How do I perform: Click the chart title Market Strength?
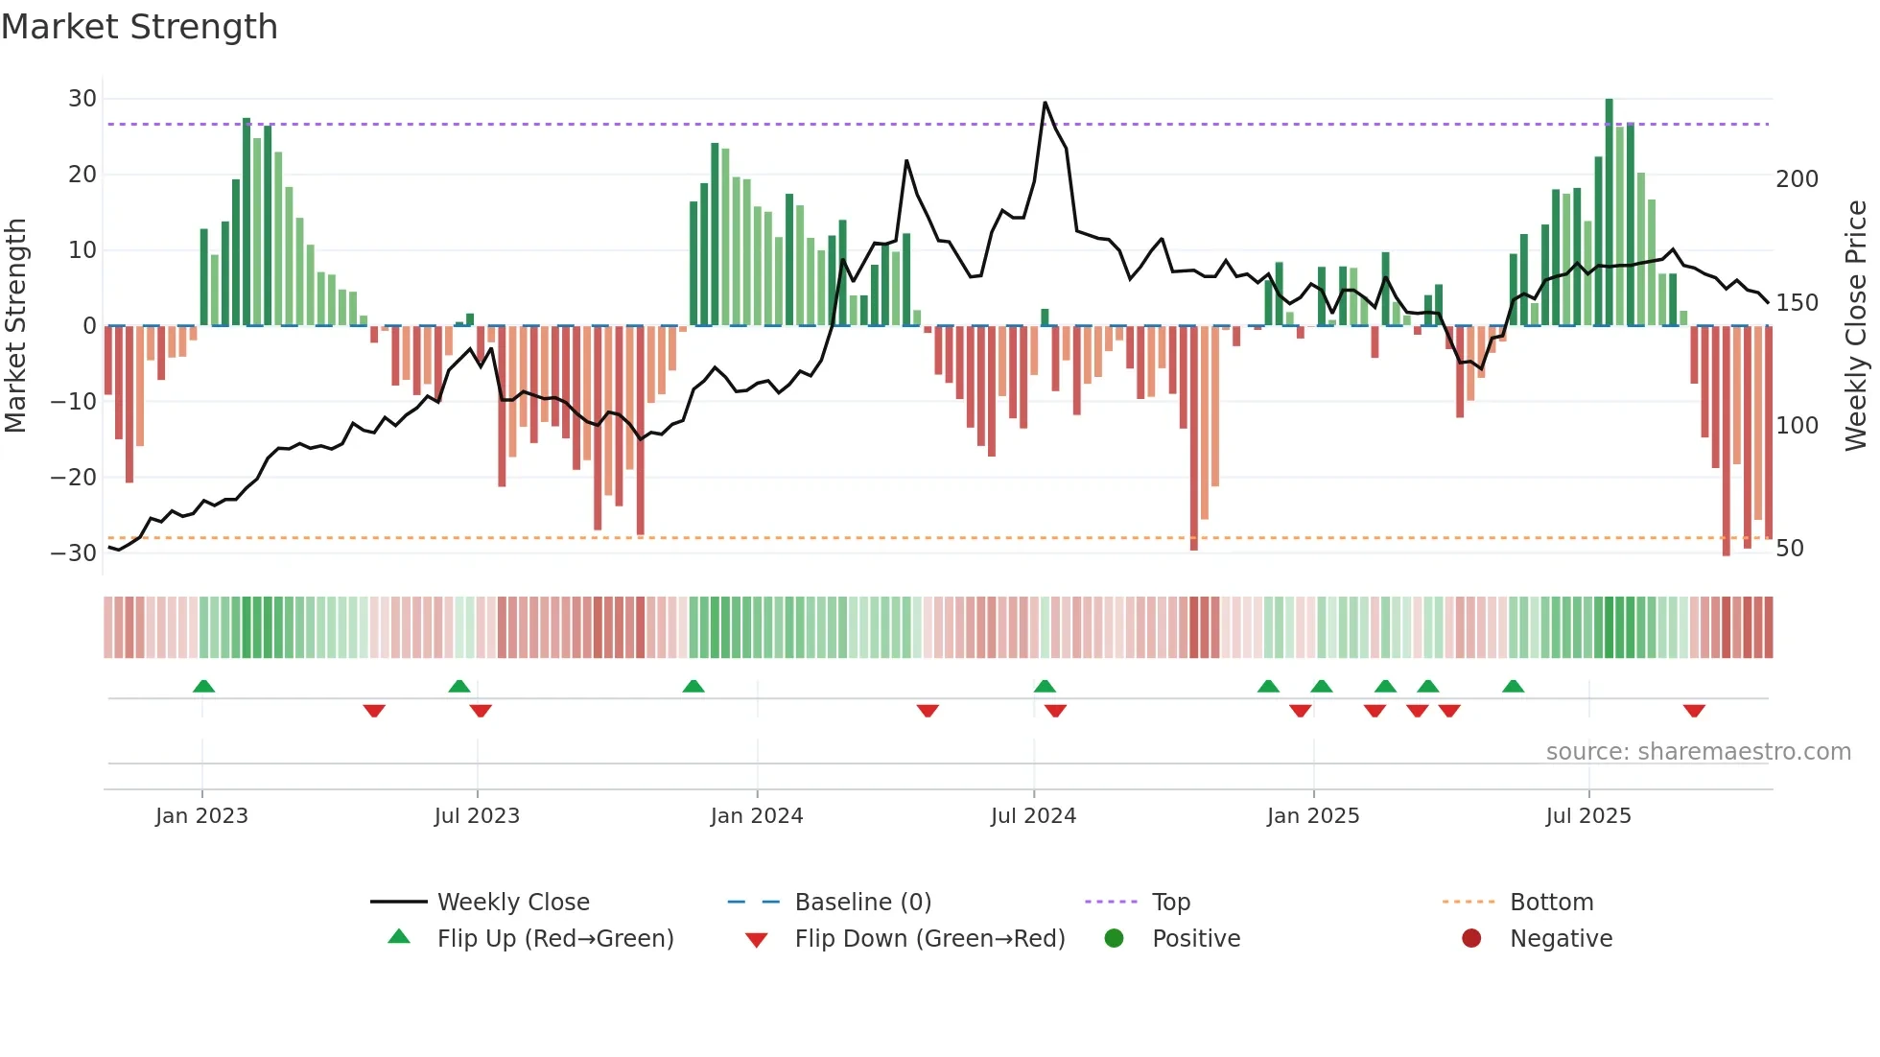(x=140, y=27)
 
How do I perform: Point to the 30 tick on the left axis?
(x=82, y=99)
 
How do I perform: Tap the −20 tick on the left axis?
(x=74, y=477)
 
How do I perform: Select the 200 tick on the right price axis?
(x=1797, y=179)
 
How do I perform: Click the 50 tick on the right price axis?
(x=1789, y=549)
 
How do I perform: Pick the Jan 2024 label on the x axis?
(x=757, y=816)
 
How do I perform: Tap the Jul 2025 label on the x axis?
(x=1588, y=816)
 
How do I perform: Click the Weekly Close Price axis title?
(x=1856, y=326)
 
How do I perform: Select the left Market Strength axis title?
(x=15, y=326)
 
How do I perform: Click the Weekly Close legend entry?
(x=512, y=903)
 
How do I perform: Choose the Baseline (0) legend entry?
(x=862, y=903)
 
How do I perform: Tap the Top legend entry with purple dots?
(x=1170, y=903)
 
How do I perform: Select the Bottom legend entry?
(x=1551, y=903)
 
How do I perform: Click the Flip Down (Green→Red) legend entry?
(x=928, y=939)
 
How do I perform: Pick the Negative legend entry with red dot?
(x=1560, y=939)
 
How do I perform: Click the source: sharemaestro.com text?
(x=1698, y=752)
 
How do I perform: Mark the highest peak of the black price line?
(x=1045, y=104)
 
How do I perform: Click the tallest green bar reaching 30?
(x=1610, y=211)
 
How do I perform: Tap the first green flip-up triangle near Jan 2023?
(x=203, y=686)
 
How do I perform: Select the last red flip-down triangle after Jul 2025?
(x=1694, y=711)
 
